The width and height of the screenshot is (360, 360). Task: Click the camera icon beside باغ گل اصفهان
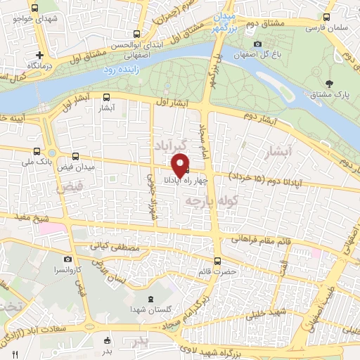258,44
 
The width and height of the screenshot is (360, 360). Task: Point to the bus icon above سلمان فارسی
327,18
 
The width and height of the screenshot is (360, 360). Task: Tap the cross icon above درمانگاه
41,54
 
